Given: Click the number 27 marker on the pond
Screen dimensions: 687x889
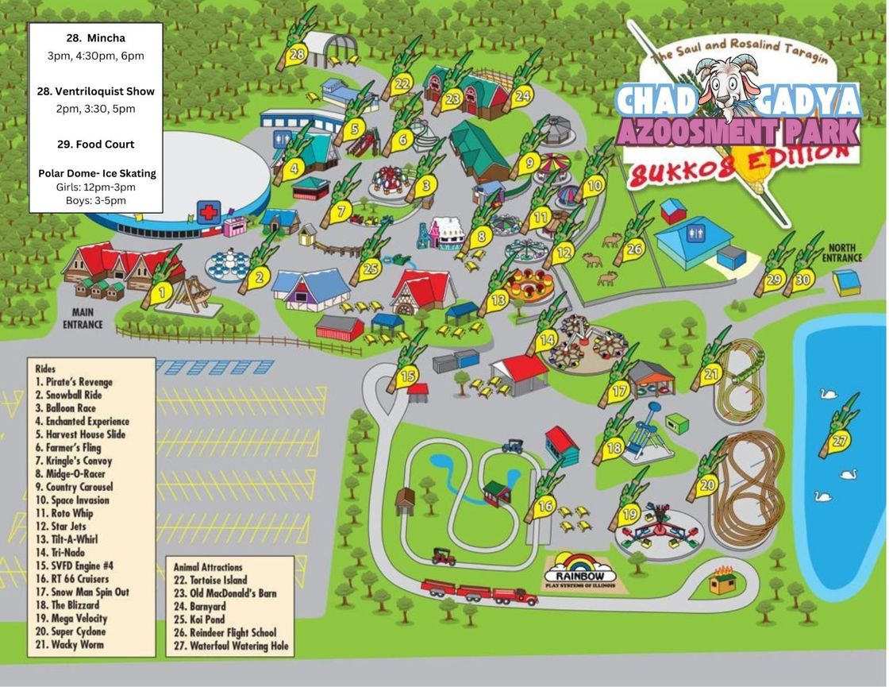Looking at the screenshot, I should point(838,440).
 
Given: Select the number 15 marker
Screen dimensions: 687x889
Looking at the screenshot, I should point(406,376).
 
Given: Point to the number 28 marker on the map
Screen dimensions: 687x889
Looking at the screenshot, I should point(296,54).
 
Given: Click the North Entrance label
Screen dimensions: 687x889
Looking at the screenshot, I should point(841,253).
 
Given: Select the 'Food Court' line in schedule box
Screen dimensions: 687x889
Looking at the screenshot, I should point(95,144).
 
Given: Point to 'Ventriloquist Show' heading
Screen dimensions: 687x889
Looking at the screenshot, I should point(95,91).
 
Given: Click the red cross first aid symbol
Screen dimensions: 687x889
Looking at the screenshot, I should point(209,212).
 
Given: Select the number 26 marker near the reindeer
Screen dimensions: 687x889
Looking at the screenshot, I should point(633,249).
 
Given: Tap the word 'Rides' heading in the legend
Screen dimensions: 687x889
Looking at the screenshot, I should point(46,369).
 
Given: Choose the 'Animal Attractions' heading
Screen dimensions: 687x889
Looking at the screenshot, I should point(208,567).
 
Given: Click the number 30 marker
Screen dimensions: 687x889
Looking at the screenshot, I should point(802,279).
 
